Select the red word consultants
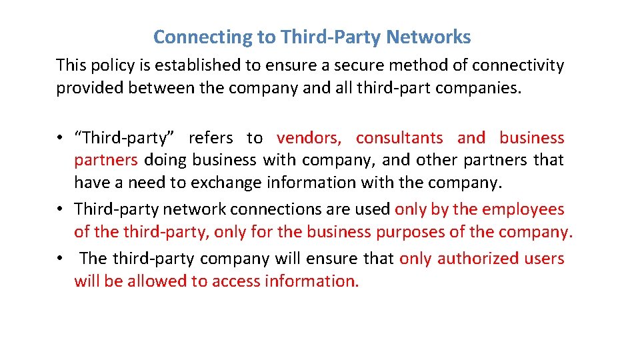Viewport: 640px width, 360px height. [x=399, y=138]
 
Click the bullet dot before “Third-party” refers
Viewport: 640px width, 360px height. [x=59, y=139]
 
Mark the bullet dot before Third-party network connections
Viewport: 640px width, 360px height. [x=59, y=210]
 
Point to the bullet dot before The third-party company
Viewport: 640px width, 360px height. [x=59, y=259]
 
